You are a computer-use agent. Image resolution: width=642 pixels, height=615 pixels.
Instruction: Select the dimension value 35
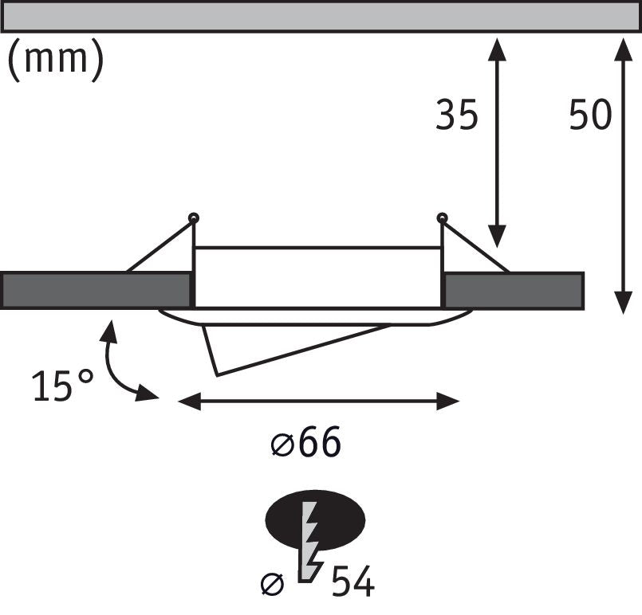coord(457,116)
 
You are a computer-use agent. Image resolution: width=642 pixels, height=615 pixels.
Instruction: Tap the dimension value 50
coord(590,116)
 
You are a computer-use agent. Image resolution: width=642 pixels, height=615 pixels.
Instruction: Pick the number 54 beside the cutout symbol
coord(353,582)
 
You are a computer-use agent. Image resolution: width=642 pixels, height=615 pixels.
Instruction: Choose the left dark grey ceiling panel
coord(96,290)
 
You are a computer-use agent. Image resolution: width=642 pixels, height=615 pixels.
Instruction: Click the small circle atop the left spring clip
coord(193,217)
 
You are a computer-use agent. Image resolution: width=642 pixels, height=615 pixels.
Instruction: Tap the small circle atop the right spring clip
coord(442,217)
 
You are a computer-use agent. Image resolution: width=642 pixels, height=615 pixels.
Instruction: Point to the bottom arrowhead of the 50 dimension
coord(624,303)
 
